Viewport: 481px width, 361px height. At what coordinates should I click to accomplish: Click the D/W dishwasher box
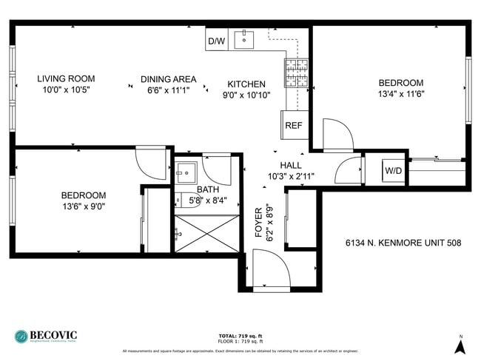click(x=216, y=41)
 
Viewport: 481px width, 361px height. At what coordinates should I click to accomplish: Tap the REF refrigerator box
click(x=293, y=125)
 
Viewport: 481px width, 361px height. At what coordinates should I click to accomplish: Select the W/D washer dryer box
click(x=393, y=172)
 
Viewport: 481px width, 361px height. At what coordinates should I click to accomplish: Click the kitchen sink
click(x=245, y=39)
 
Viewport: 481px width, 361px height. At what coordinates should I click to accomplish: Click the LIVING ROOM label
click(x=66, y=78)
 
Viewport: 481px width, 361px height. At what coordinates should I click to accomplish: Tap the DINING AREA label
click(x=168, y=79)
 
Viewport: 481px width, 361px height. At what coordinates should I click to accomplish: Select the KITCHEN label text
click(x=246, y=84)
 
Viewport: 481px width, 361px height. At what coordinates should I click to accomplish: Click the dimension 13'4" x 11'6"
click(x=400, y=94)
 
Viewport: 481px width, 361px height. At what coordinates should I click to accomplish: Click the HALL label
click(x=291, y=165)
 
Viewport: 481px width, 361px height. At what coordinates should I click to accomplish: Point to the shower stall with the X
click(x=207, y=234)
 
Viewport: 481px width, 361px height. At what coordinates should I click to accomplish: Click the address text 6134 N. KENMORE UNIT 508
click(x=400, y=243)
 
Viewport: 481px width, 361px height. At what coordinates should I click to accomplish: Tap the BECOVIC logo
click(x=46, y=335)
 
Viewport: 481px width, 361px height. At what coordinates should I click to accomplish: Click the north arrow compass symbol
click(x=460, y=344)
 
